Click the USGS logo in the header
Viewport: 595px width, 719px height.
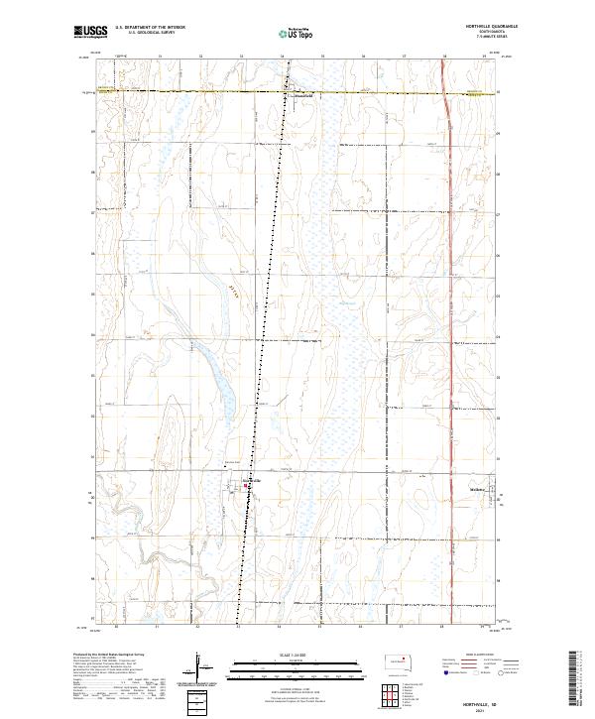(91, 32)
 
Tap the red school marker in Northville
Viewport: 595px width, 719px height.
(248, 486)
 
